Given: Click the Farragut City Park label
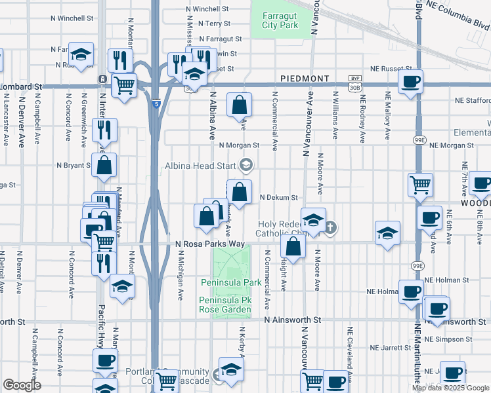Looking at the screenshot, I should tap(280, 20).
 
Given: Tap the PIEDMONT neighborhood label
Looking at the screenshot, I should tap(305, 78).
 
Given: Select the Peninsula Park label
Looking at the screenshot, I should tap(230, 282).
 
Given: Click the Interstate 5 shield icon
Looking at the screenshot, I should tap(156, 103).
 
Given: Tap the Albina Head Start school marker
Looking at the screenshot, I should tap(246, 165).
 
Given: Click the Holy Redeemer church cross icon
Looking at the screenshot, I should tap(331, 227).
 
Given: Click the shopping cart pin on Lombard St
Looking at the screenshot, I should tap(123, 84).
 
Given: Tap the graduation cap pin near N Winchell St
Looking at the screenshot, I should tap(81, 55).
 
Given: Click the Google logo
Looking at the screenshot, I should tap(22, 385).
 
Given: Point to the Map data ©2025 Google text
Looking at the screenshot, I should tap(450, 388).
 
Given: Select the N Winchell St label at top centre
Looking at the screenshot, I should tap(207, 9).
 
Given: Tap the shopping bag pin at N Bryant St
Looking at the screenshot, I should tap(104, 166).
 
